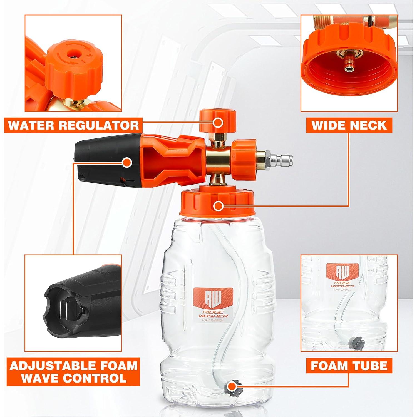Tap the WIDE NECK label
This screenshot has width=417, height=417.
[349, 125]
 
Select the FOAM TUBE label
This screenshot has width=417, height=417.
[349, 366]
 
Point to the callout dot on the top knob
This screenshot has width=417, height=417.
[218, 123]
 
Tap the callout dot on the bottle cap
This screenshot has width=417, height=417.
[219, 206]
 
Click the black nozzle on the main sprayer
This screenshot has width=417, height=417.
[108, 161]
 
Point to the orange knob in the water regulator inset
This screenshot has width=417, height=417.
[74, 65]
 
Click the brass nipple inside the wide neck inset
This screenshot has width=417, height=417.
[349, 60]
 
